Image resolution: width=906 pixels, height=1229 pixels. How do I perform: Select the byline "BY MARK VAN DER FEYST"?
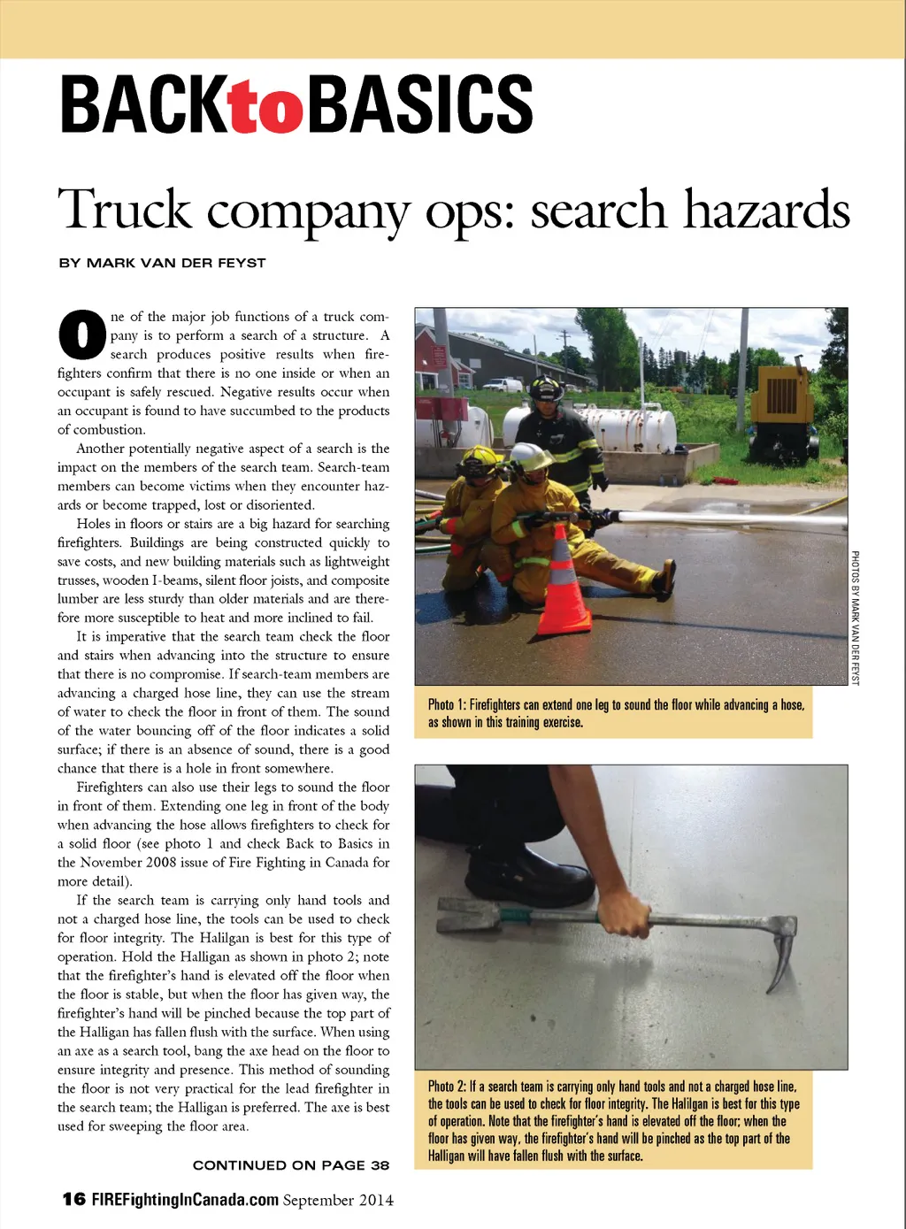click(x=162, y=263)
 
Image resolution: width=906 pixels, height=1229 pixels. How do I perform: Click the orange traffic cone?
click(x=563, y=583)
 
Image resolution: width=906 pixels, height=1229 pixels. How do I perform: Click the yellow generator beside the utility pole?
click(x=783, y=408)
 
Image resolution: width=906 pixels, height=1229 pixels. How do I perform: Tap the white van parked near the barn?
click(x=503, y=385)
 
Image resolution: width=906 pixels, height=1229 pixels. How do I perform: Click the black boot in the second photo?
click(x=527, y=877)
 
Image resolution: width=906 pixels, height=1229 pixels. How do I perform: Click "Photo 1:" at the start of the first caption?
click(x=447, y=705)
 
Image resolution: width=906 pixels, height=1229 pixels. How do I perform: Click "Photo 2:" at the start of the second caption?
click(x=447, y=1087)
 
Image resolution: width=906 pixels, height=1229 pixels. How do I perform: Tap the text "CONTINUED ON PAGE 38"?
click(x=291, y=1165)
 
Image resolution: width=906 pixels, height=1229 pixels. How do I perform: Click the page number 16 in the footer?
click(x=74, y=1200)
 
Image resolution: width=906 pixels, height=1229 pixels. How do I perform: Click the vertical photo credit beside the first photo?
click(x=856, y=618)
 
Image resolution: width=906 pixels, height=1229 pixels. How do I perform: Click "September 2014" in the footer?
click(x=339, y=1201)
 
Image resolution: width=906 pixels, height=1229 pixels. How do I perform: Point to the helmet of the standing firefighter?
click(x=547, y=387)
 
